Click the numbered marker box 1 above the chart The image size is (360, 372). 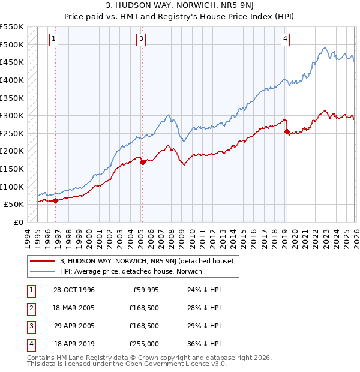pyautogui.click(x=53, y=39)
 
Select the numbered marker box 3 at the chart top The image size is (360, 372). pyautogui.click(x=141, y=39)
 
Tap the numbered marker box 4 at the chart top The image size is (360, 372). pyautogui.click(x=285, y=39)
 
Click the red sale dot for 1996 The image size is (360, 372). pyautogui.click(x=56, y=201)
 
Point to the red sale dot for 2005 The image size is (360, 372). pyautogui.click(x=142, y=162)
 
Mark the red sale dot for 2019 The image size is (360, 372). pyautogui.click(x=287, y=131)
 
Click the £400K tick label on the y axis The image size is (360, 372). pyautogui.click(x=12, y=80)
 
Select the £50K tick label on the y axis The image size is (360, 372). pyautogui.click(x=14, y=205)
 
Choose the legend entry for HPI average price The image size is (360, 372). pyautogui.click(x=131, y=271)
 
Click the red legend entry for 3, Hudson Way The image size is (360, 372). pyautogui.click(x=150, y=260)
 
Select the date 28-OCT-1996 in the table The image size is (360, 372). pyautogui.click(x=74, y=290)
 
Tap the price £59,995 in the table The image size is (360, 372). pyautogui.click(x=145, y=290)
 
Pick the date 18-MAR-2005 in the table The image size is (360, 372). pyautogui.click(x=74, y=308)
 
